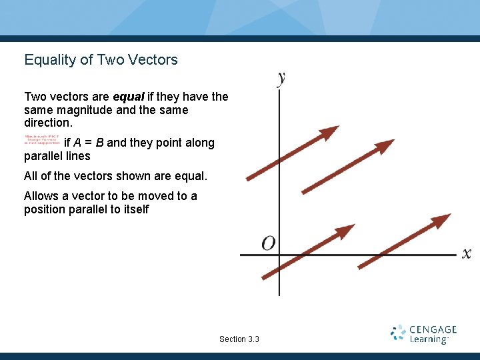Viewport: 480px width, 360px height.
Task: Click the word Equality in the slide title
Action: point(50,60)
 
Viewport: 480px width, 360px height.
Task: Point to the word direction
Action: point(47,123)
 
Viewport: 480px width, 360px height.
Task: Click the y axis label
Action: point(281,78)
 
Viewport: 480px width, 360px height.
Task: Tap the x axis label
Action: point(466,253)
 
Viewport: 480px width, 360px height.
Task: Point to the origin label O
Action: point(268,243)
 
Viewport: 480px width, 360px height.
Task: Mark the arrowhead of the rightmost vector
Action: point(442,219)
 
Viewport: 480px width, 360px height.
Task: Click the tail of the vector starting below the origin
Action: point(265,277)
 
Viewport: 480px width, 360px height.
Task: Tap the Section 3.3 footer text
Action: point(239,339)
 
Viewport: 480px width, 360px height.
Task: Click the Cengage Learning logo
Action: point(423,334)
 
